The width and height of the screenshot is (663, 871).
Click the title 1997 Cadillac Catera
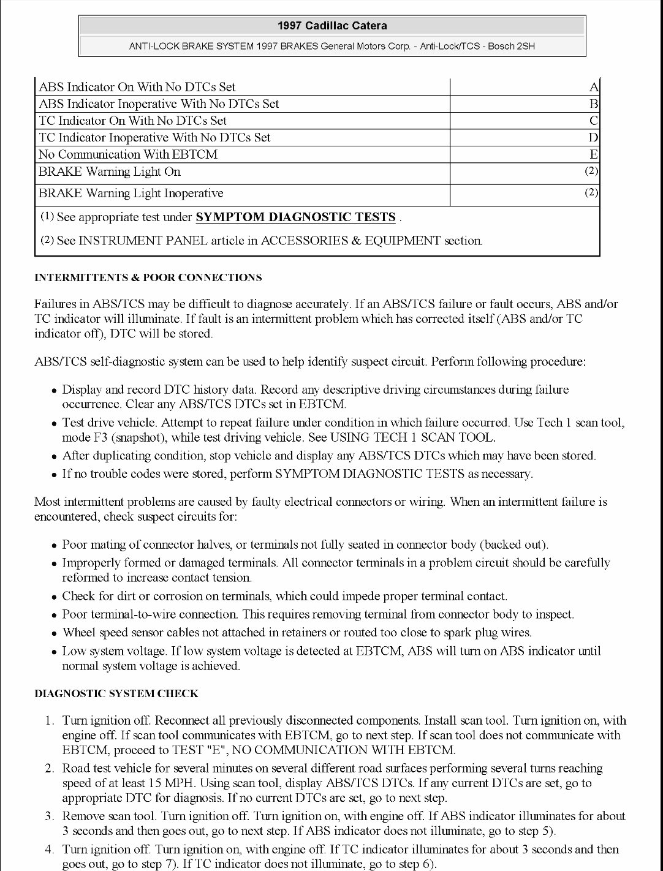pyautogui.click(x=332, y=26)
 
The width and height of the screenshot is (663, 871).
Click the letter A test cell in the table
pyautogui.click(x=593, y=87)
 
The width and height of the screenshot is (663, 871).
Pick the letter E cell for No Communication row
pyautogui.click(x=593, y=154)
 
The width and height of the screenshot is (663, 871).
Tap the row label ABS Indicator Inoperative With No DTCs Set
pyautogui.click(x=159, y=104)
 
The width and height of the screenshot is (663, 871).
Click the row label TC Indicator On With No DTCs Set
pyautogui.click(x=132, y=121)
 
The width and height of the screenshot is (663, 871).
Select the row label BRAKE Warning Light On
pyautogui.click(x=110, y=172)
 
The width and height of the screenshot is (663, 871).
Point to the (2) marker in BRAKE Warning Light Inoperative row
pyautogui.click(x=591, y=192)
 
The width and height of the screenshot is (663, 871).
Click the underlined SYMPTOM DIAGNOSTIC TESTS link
pyautogui.click(x=295, y=217)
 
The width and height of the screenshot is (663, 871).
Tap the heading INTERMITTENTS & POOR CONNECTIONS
pyautogui.click(x=148, y=277)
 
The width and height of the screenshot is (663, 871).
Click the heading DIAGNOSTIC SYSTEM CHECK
pyautogui.click(x=116, y=693)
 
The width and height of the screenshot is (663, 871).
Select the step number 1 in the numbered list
pyautogui.click(x=50, y=720)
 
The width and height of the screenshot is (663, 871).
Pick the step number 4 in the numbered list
pyautogui.click(x=49, y=849)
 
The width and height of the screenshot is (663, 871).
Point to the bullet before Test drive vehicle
pyautogui.click(x=55, y=423)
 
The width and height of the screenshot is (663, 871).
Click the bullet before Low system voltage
pyautogui.click(x=55, y=652)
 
